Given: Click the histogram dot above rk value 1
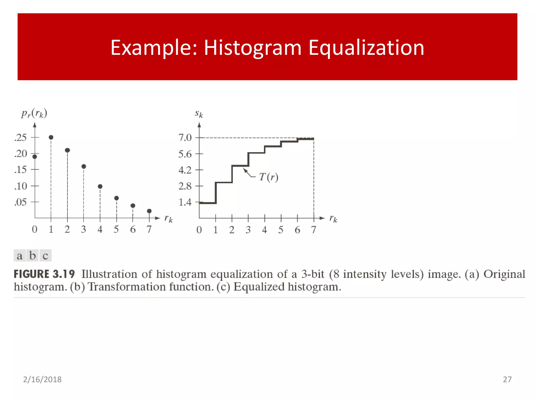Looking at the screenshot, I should point(51,137).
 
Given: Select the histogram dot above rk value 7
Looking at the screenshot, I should point(149,211).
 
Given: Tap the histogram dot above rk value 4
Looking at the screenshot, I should point(100,186).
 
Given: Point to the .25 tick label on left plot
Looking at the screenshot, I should point(20,138).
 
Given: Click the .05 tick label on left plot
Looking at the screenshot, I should point(20,202).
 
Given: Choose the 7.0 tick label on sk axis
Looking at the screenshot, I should point(185,138).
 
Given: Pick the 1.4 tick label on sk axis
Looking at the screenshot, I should point(185,202).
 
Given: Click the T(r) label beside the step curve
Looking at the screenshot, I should point(269,177).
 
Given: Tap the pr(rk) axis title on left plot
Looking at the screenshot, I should point(34,113).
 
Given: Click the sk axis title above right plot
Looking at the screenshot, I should point(199,114).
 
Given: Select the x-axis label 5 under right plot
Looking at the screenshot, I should point(281,230).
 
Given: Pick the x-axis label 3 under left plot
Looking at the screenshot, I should point(83,229).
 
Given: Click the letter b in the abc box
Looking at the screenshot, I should point(33,255).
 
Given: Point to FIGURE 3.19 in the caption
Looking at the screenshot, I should point(44,274).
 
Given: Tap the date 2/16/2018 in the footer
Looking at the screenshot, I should point(42,379).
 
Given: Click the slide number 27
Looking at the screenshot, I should point(507,379).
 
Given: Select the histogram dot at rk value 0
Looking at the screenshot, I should point(35,157).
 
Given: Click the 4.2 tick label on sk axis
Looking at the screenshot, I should point(185,170).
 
